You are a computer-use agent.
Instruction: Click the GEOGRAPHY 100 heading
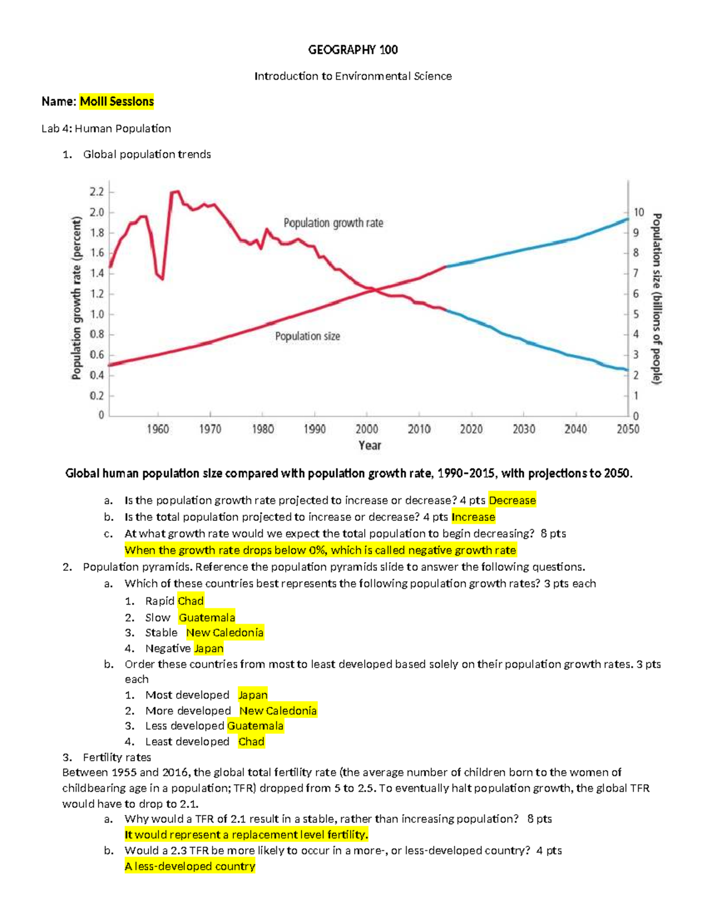click(352, 50)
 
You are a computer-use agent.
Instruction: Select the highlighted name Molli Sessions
click(117, 101)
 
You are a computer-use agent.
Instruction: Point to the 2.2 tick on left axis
click(97, 192)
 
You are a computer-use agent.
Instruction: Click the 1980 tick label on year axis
click(263, 429)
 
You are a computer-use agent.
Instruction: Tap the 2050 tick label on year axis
click(627, 429)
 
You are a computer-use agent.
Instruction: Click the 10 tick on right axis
click(639, 212)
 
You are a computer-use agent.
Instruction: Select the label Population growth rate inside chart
click(333, 223)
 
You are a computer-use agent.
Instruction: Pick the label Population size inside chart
click(308, 336)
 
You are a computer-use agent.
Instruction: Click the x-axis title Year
click(369, 445)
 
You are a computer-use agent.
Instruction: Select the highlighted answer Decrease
click(512, 500)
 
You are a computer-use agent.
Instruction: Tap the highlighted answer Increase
click(473, 517)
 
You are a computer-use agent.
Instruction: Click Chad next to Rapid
click(190, 601)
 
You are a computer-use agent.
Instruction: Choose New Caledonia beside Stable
click(224, 633)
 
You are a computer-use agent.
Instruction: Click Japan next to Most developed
click(253, 695)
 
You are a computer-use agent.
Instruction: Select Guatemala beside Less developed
click(255, 726)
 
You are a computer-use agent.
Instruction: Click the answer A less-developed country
click(190, 866)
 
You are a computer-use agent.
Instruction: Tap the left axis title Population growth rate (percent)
click(77, 298)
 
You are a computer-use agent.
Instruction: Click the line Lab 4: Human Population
click(106, 128)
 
